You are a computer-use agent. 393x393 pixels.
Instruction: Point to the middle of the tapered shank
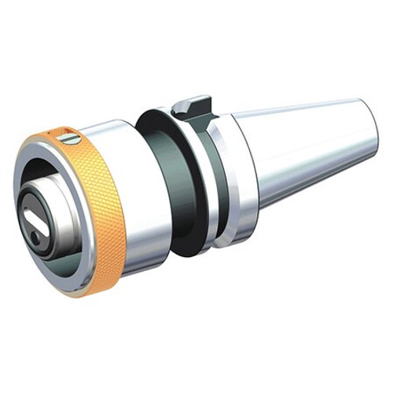(x=307, y=149)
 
